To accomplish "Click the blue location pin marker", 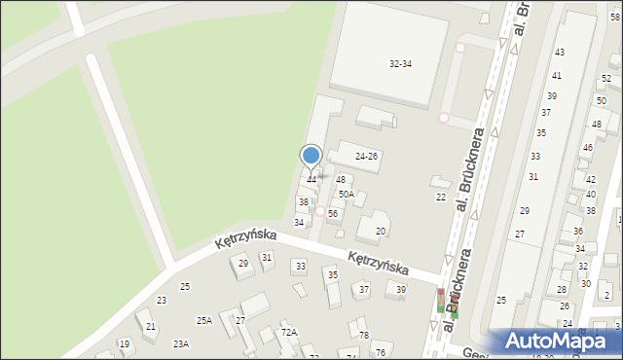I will tap(311, 156).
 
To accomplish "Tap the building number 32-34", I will tap(400, 63).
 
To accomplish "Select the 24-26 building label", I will tap(366, 156).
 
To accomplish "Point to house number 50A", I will tap(346, 195).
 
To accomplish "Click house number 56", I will tap(333, 213).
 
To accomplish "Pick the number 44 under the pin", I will tap(311, 180).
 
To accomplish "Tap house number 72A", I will tap(289, 332).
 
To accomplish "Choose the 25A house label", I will tap(204, 320).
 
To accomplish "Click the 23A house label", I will tap(181, 343).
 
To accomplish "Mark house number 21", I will tap(151, 327).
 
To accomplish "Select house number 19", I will tap(124, 343).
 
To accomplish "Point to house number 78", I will tap(364, 335).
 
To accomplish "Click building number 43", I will tap(559, 52).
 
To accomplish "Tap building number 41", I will tap(557, 75).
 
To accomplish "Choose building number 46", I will tap(587, 148).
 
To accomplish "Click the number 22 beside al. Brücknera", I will tap(441, 198).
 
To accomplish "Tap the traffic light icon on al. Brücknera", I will tap(441, 301).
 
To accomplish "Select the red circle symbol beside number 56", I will tap(319, 210).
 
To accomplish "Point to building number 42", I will tap(591, 180).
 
